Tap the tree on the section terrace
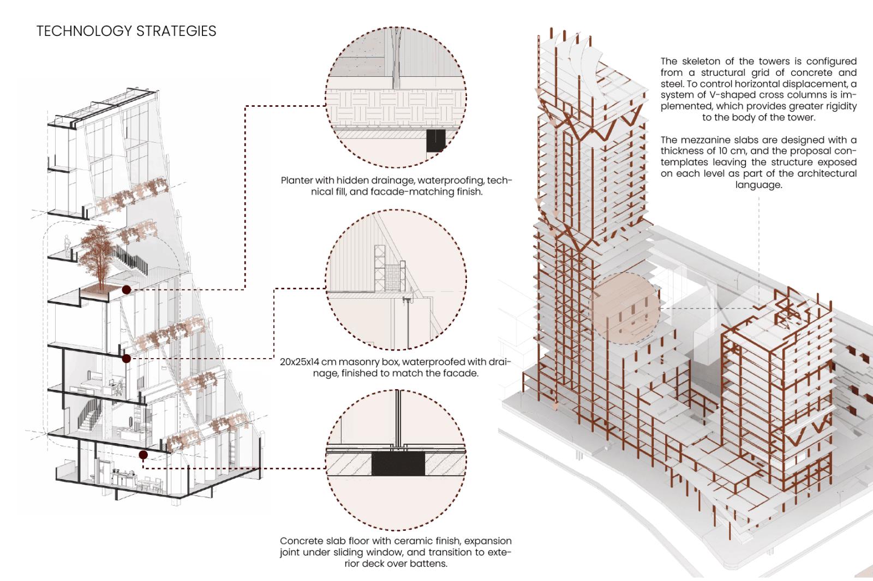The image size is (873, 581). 98,251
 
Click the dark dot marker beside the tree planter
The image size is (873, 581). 127,290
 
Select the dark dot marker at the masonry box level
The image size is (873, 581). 127,358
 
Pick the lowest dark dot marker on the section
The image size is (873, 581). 143,455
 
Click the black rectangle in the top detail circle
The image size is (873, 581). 436,141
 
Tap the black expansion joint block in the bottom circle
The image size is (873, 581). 398,463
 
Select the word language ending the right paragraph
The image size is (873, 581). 758,185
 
